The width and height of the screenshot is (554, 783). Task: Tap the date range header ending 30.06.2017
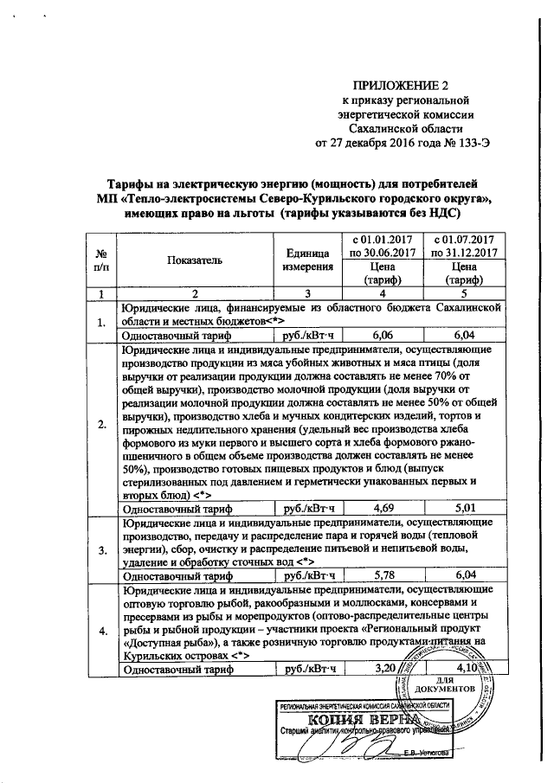click(381, 245)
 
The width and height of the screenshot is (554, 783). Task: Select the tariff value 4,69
click(381, 507)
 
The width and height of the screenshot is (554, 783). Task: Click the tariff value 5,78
click(381, 574)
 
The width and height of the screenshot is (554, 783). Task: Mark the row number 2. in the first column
click(103, 423)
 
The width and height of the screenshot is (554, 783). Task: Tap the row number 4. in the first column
click(103, 629)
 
